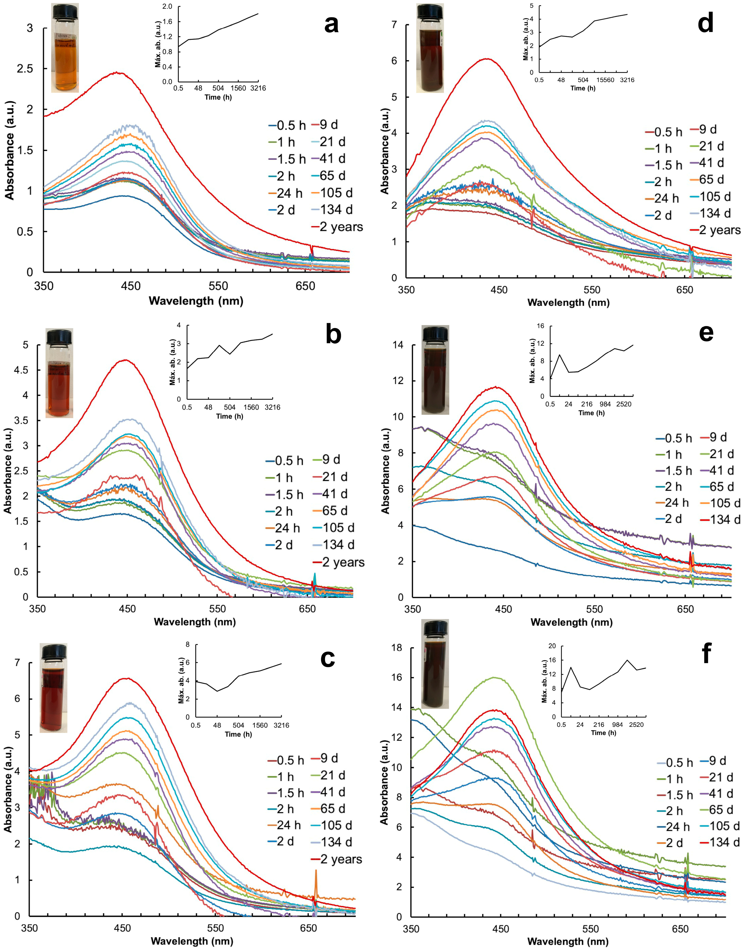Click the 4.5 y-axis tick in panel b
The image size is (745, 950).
pos(22,370)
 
